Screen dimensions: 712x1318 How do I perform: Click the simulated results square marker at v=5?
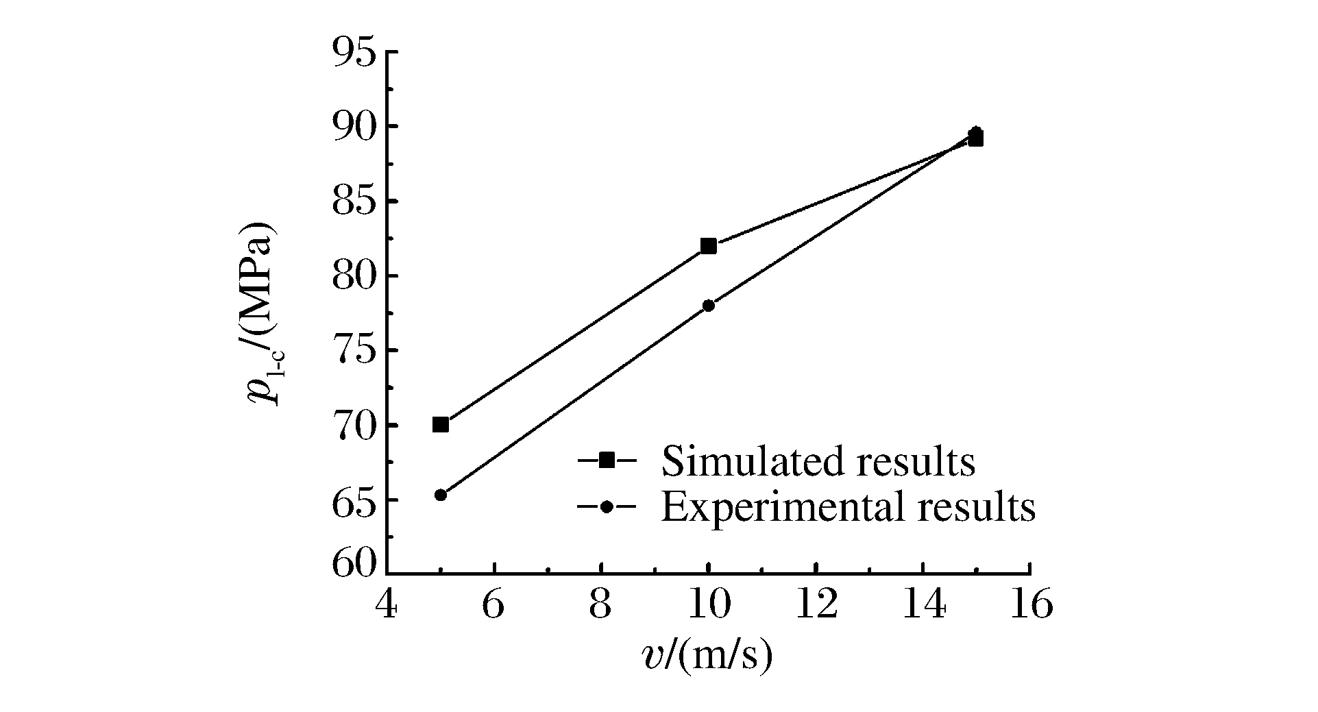point(441,425)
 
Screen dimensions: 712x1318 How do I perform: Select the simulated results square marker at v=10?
point(709,246)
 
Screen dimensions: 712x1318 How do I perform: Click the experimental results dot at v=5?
point(441,495)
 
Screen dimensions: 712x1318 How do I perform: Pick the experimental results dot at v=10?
point(709,306)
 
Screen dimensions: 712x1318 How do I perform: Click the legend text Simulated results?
point(818,461)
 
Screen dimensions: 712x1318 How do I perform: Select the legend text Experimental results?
point(848,508)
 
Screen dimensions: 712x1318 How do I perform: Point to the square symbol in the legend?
point(606,461)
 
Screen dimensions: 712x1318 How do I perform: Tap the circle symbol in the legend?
point(606,508)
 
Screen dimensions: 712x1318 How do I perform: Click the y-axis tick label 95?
point(356,52)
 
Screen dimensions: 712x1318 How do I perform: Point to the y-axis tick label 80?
point(356,276)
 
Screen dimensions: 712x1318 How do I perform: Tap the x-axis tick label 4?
point(388,605)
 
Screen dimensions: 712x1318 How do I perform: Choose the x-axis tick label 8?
point(601,605)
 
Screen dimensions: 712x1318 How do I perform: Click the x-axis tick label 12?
point(816,605)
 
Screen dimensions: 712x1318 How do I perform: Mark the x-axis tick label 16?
point(1029,605)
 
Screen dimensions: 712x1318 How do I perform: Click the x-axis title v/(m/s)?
point(708,656)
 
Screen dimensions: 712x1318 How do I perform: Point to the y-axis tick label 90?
point(356,127)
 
